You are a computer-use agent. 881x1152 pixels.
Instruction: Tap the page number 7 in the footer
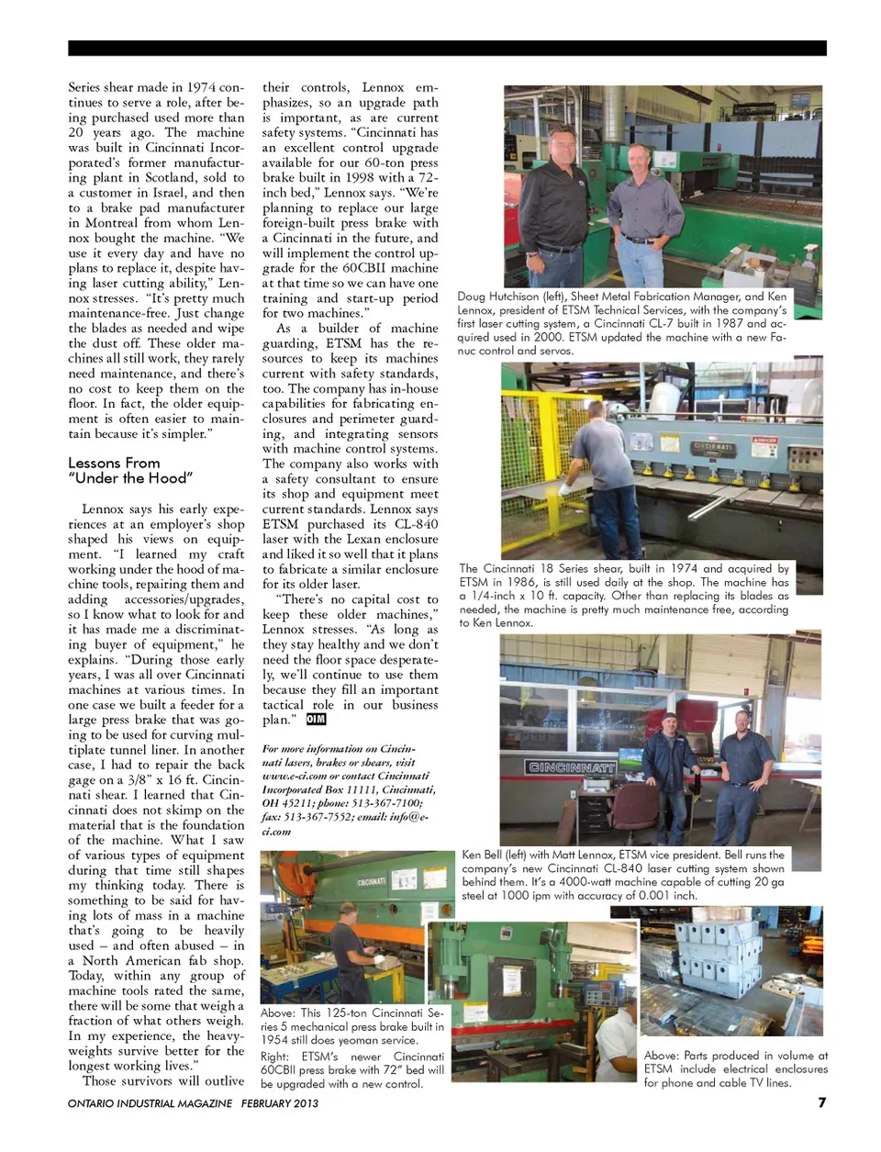point(821,1102)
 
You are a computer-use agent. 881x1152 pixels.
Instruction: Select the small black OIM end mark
point(317,720)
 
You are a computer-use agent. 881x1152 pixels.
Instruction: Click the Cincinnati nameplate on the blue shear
point(713,447)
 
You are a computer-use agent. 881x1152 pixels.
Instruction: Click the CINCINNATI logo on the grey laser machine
point(571,766)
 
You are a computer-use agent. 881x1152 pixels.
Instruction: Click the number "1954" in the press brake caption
point(279,1040)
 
